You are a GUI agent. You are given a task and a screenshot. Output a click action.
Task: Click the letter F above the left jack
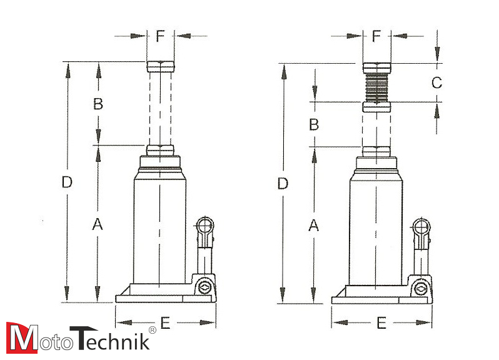click(160, 36)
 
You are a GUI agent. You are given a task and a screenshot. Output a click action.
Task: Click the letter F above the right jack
click(376, 36)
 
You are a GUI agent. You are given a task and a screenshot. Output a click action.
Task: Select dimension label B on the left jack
click(98, 104)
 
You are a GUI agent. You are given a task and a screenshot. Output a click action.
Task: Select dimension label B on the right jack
click(314, 124)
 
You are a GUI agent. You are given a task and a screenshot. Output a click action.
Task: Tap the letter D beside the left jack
click(67, 182)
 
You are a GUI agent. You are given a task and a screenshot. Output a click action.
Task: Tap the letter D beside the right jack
click(283, 184)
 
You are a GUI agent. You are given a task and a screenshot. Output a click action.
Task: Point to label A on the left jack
click(97, 224)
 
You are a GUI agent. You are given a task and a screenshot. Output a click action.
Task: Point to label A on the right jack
click(313, 226)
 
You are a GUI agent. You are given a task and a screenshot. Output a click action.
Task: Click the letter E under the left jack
click(165, 323)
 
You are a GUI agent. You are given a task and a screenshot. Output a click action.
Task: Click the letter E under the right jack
click(381, 323)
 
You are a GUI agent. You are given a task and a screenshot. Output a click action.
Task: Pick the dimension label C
click(437, 82)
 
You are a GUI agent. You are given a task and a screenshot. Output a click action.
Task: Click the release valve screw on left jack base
click(203, 287)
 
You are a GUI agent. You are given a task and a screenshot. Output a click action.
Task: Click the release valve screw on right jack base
click(419, 288)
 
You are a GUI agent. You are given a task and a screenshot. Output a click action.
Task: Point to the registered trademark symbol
click(151, 330)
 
